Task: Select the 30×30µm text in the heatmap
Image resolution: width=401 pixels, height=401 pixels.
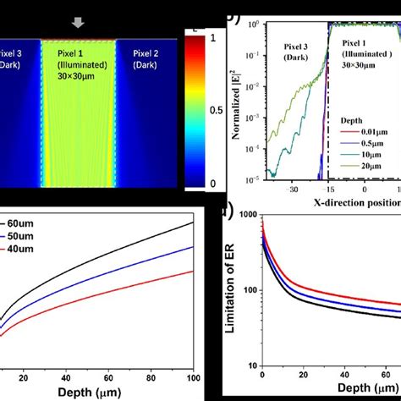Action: click(x=77, y=85)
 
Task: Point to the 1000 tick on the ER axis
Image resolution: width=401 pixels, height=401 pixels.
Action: click(x=247, y=217)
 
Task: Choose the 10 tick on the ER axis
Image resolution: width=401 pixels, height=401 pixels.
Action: click(x=252, y=366)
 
